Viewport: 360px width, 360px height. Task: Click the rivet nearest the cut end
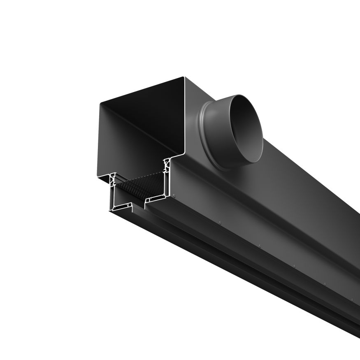point(174,196)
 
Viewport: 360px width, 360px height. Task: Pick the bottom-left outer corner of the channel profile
point(111,211)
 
